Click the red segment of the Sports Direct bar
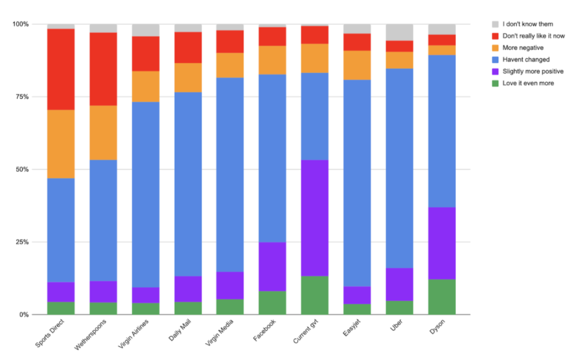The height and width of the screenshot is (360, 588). [x=61, y=69]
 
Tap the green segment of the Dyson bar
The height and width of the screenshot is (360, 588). [x=442, y=297]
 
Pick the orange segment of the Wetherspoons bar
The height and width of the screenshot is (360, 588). [x=103, y=133]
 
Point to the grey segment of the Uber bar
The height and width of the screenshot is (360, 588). [x=399, y=32]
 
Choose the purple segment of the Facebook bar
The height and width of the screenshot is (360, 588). [x=272, y=266]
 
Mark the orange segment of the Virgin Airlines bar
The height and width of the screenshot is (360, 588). [x=146, y=86]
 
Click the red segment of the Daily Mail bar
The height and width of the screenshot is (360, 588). [x=188, y=47]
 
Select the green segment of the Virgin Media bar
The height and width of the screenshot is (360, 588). [x=230, y=307]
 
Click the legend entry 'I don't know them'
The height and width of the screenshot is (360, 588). [x=527, y=24]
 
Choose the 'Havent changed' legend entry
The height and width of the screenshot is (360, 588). [x=526, y=60]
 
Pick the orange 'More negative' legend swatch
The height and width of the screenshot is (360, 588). [x=496, y=48]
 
